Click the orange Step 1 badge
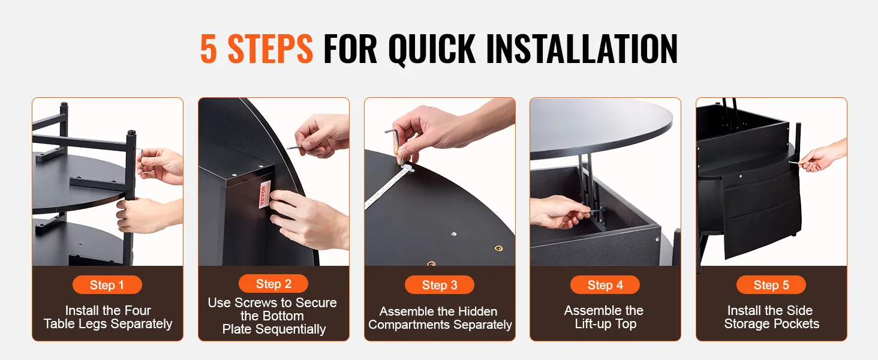107,285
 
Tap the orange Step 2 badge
273,284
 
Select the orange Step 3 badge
440,285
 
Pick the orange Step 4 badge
605,285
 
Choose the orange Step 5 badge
771,285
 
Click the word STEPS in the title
270,49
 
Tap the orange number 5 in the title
209,49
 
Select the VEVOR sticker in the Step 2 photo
265,194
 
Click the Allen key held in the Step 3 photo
394,145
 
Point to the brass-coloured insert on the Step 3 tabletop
498,248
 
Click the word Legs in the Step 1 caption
125,324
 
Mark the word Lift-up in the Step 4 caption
594,324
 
